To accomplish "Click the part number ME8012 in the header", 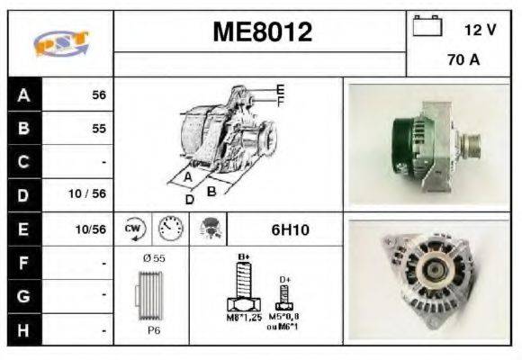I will (262, 32).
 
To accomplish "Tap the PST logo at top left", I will (60, 43).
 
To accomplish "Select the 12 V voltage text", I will (480, 30).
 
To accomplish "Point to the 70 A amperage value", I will (463, 62).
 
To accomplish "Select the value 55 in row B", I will (98, 129).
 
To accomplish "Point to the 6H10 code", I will (290, 229).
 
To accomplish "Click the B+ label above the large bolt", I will (243, 257).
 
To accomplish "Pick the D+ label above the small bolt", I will (284, 279).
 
